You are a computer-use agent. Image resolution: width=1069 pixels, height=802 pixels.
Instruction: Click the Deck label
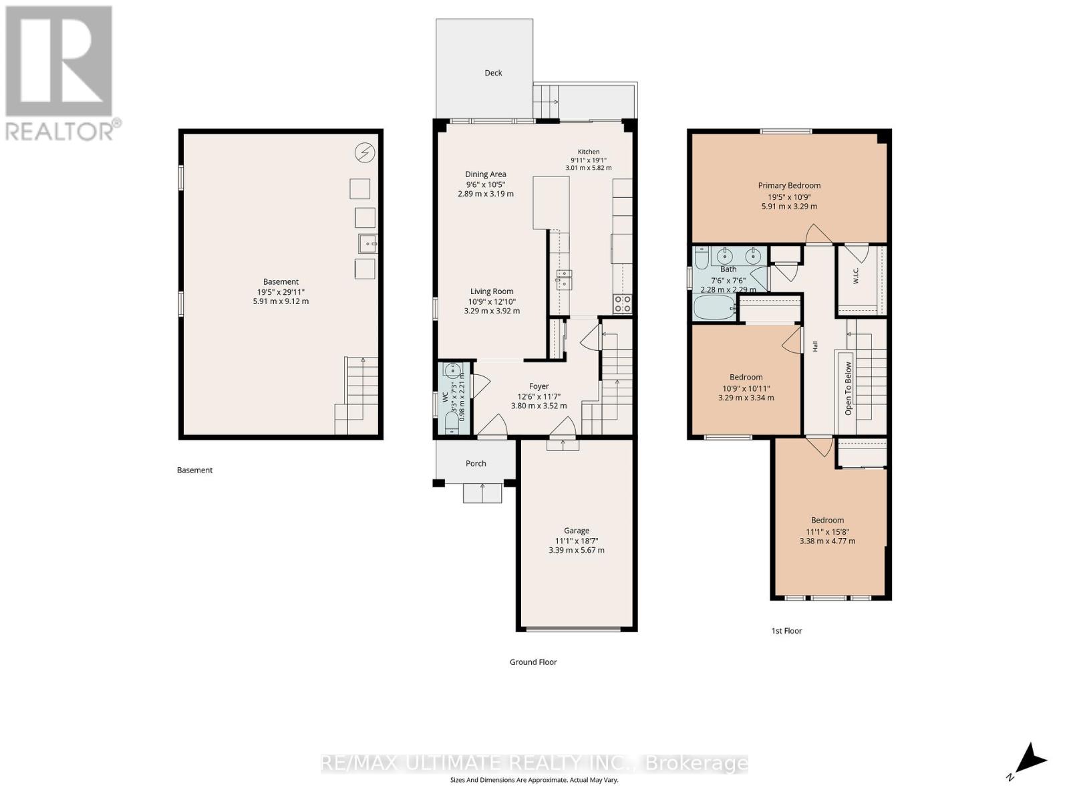click(x=493, y=73)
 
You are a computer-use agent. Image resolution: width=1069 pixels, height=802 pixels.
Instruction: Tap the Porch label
click(x=475, y=464)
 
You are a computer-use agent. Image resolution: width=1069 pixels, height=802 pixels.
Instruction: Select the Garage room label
click(x=576, y=531)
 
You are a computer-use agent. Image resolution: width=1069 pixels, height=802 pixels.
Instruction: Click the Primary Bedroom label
click(x=789, y=186)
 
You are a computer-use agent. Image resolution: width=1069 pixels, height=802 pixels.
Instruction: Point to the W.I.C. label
click(x=856, y=275)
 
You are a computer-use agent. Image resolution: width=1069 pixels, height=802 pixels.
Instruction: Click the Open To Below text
click(x=848, y=388)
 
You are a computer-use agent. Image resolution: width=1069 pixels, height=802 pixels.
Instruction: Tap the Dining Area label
click(x=486, y=174)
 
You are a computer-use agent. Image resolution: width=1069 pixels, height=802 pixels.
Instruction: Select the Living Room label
click(x=491, y=291)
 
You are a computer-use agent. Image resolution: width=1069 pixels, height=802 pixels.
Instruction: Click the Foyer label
click(x=539, y=386)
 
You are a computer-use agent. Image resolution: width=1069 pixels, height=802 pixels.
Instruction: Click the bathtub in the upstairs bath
click(x=714, y=307)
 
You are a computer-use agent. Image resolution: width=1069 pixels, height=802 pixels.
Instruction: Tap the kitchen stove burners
click(x=622, y=304)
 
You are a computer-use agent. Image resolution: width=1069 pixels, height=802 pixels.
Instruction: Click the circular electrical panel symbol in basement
click(x=365, y=153)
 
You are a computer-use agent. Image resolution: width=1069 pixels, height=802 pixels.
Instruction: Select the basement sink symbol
click(x=367, y=243)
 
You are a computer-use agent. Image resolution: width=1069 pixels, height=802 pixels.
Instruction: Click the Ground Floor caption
click(x=532, y=662)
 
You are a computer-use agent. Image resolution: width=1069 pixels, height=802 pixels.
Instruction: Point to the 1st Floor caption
click(x=786, y=631)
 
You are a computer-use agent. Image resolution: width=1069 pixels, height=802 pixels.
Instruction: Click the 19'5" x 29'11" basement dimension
click(x=281, y=292)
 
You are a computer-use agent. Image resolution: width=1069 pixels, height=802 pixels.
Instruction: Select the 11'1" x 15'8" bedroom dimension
click(x=827, y=532)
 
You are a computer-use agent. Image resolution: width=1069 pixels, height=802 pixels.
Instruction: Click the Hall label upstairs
click(x=814, y=346)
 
